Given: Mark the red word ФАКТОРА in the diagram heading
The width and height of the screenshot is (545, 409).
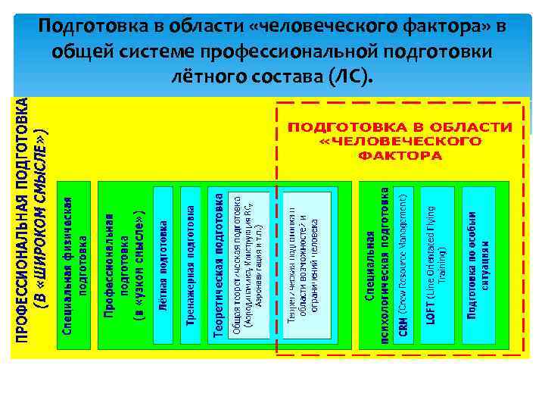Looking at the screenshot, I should pos(400,155).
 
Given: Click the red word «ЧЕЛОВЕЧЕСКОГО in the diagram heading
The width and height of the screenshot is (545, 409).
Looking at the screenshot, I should pos(400,141).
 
